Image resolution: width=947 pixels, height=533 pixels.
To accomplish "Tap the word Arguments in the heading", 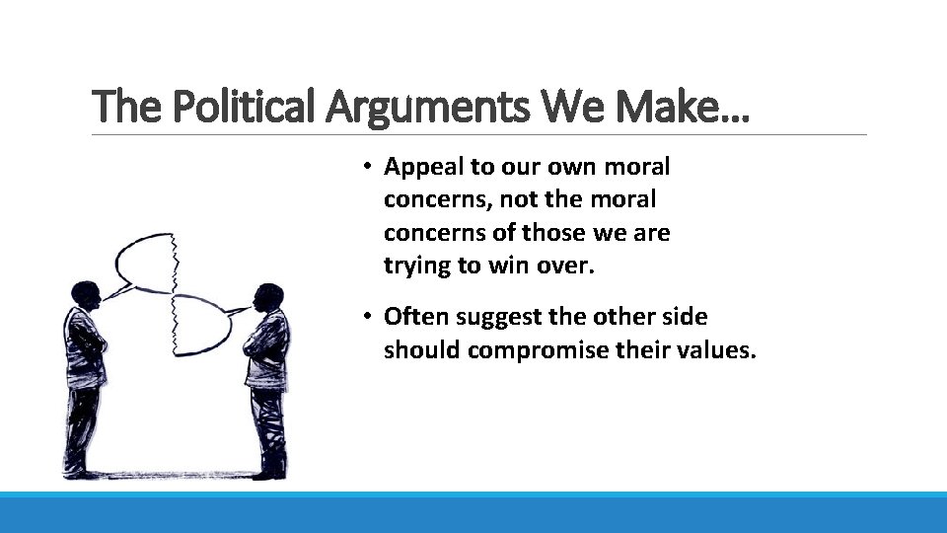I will pos(429,107).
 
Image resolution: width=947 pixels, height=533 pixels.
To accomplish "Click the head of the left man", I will pos(85,293).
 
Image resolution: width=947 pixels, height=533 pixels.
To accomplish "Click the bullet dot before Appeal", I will pos(365,166).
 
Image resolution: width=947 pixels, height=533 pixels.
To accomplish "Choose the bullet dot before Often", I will pos(365,318).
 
